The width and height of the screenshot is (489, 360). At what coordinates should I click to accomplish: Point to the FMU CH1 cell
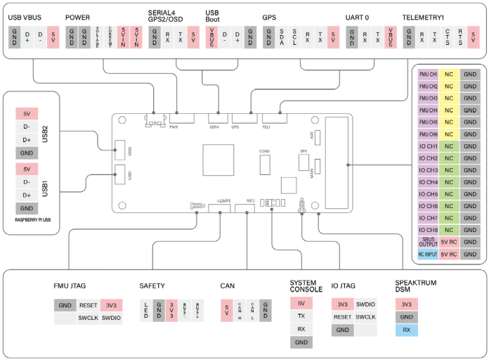pyautogui.click(x=428, y=74)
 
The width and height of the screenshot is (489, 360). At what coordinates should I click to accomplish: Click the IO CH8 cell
pyautogui.click(x=428, y=229)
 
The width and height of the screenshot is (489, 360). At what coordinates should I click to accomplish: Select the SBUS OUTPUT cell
pyautogui.click(x=428, y=241)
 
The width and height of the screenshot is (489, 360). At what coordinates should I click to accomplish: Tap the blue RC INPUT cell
pyautogui.click(x=428, y=253)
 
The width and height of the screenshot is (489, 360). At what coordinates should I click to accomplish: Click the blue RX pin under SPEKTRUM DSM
pyautogui.click(x=406, y=329)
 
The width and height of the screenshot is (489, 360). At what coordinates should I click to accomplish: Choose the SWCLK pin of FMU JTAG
pyautogui.click(x=88, y=318)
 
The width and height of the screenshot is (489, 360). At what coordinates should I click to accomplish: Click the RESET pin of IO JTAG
pyautogui.click(x=342, y=317)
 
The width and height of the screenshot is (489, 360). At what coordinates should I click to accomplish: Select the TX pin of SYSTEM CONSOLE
pyautogui.click(x=301, y=316)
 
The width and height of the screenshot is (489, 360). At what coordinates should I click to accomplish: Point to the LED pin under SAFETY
pyautogui.click(x=145, y=310)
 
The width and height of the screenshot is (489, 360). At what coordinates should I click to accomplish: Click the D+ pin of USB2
pyautogui.click(x=27, y=140)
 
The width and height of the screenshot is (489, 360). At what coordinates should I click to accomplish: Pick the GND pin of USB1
pyautogui.click(x=27, y=208)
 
